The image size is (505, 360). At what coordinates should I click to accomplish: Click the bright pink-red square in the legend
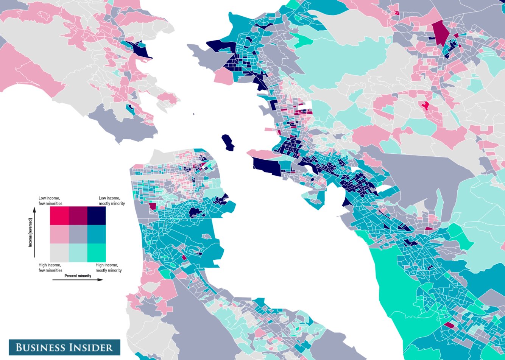pyautogui.click(x=59, y=216)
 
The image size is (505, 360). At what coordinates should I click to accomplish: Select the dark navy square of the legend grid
pyautogui.click(x=97, y=216)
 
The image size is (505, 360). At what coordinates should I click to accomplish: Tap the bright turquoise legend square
pyautogui.click(x=97, y=253)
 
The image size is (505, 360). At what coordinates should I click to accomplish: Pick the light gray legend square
pyautogui.click(x=59, y=253)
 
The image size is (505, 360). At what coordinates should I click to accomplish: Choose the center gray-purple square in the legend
pyautogui.click(x=78, y=235)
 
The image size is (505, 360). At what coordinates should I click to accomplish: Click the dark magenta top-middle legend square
pyautogui.click(x=78, y=216)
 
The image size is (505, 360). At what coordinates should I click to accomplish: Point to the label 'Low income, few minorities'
pyautogui.click(x=50, y=201)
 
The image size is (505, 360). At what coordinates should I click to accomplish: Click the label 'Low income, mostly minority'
pyautogui.click(x=111, y=201)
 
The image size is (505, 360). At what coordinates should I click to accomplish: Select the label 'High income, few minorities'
pyautogui.click(x=50, y=268)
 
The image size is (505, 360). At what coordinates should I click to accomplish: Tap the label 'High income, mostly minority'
pyautogui.click(x=109, y=268)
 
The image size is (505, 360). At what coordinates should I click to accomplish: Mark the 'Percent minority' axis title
pyautogui.click(x=78, y=276)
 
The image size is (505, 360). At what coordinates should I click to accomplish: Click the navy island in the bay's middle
pyautogui.click(x=227, y=142)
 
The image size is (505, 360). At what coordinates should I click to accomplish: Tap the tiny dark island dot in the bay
pyautogui.click(x=193, y=114)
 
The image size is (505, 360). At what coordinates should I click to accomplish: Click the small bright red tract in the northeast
pyautogui.click(x=426, y=106)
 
